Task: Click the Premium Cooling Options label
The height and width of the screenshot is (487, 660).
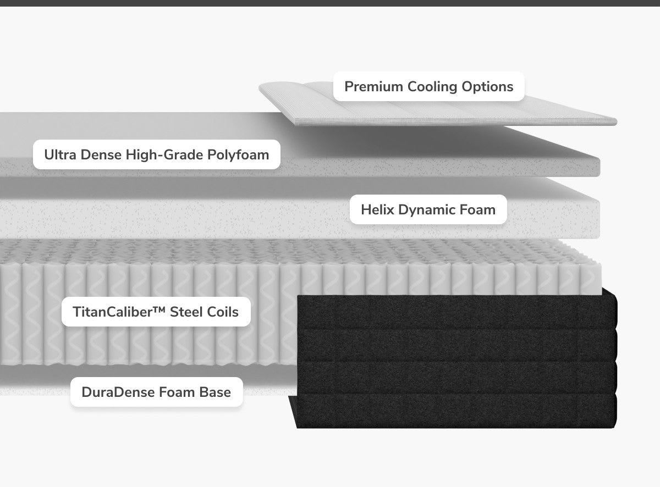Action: tap(428, 86)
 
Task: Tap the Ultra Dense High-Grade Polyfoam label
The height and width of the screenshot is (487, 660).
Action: tap(156, 154)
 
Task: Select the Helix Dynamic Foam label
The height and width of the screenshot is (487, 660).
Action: tap(428, 209)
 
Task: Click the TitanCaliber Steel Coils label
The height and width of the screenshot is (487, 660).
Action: tap(156, 312)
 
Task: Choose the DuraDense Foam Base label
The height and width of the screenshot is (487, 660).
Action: tap(156, 392)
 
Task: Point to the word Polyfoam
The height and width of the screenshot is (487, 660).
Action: tap(238, 154)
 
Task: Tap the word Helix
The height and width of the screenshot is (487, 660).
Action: tap(376, 209)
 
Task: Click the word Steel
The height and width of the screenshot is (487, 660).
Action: tap(189, 312)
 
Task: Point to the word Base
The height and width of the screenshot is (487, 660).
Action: tap(216, 392)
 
